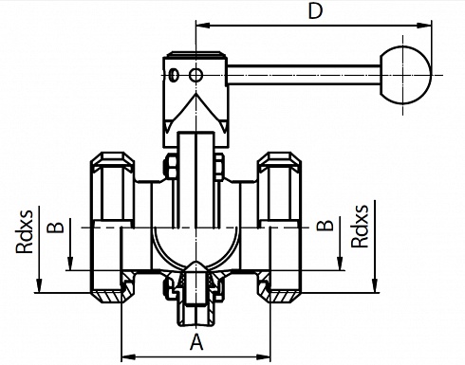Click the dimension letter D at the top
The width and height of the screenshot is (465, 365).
315,11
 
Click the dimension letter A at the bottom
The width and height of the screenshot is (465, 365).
196,342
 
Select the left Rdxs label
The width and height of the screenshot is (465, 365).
25,231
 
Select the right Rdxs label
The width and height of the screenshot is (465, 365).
360,226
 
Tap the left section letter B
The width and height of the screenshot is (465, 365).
56,227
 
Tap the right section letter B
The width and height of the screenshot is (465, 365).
325,225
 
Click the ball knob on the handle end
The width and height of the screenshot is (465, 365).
404,75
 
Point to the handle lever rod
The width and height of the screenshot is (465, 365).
304,75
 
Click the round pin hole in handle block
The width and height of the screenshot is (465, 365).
195,75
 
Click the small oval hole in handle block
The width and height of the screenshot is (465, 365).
174,75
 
